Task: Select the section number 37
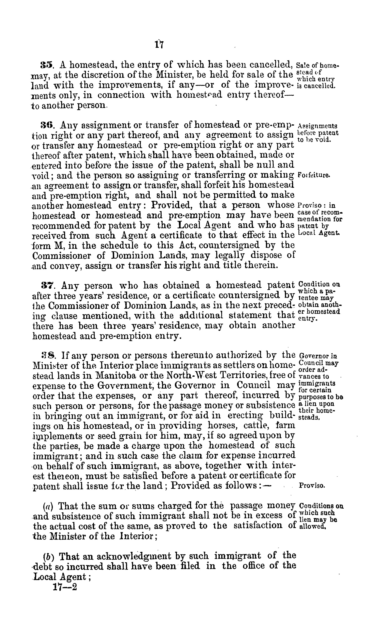point(47,286)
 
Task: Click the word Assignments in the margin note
point(318,126)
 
